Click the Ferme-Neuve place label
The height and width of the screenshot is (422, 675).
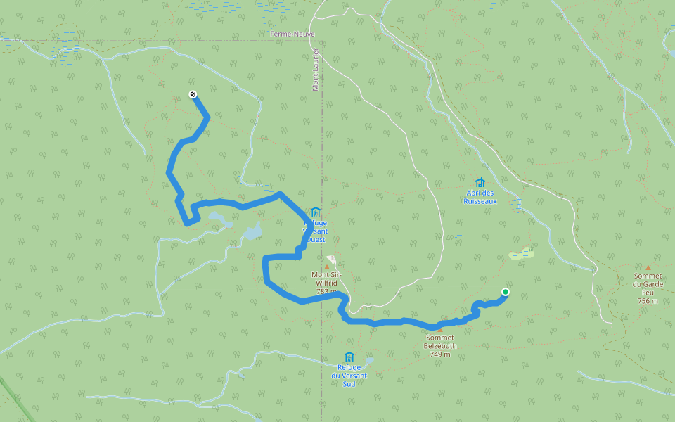(292, 34)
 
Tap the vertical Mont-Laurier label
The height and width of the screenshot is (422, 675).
(316, 70)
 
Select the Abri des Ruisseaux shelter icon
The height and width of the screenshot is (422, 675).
(480, 183)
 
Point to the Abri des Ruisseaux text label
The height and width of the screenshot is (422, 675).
(480, 197)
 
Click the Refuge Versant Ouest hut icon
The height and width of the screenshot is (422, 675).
(314, 212)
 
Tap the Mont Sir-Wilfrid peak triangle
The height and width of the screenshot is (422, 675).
(326, 267)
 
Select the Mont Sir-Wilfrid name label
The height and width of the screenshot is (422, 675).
(327, 278)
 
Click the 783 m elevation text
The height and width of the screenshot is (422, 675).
(326, 291)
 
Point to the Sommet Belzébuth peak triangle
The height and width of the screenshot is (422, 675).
(441, 329)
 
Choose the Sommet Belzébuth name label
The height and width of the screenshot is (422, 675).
(441, 342)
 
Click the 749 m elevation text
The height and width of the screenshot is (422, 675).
(441, 354)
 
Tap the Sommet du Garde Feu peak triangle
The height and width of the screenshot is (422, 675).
(648, 267)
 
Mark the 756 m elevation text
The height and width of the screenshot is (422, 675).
(648, 301)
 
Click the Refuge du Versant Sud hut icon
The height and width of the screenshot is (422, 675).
(349, 357)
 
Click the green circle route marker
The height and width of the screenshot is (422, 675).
(505, 292)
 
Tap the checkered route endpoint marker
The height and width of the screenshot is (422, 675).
(193, 95)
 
